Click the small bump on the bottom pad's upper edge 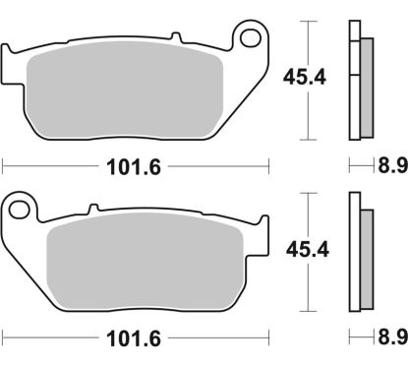click(93, 208)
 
